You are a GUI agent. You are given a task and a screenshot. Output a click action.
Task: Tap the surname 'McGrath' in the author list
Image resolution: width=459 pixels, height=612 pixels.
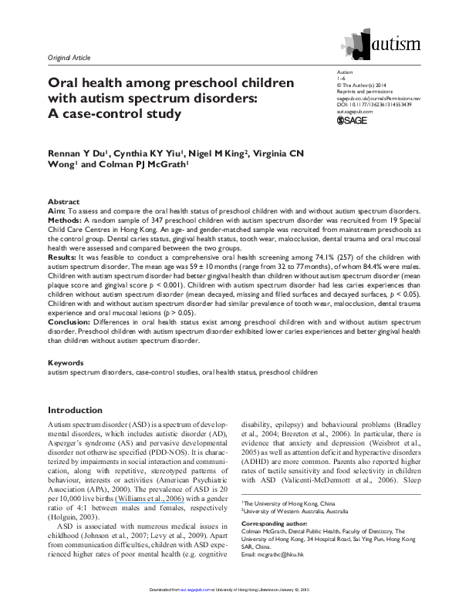163,165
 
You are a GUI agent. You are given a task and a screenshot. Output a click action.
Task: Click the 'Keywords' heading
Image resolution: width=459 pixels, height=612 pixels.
63,361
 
